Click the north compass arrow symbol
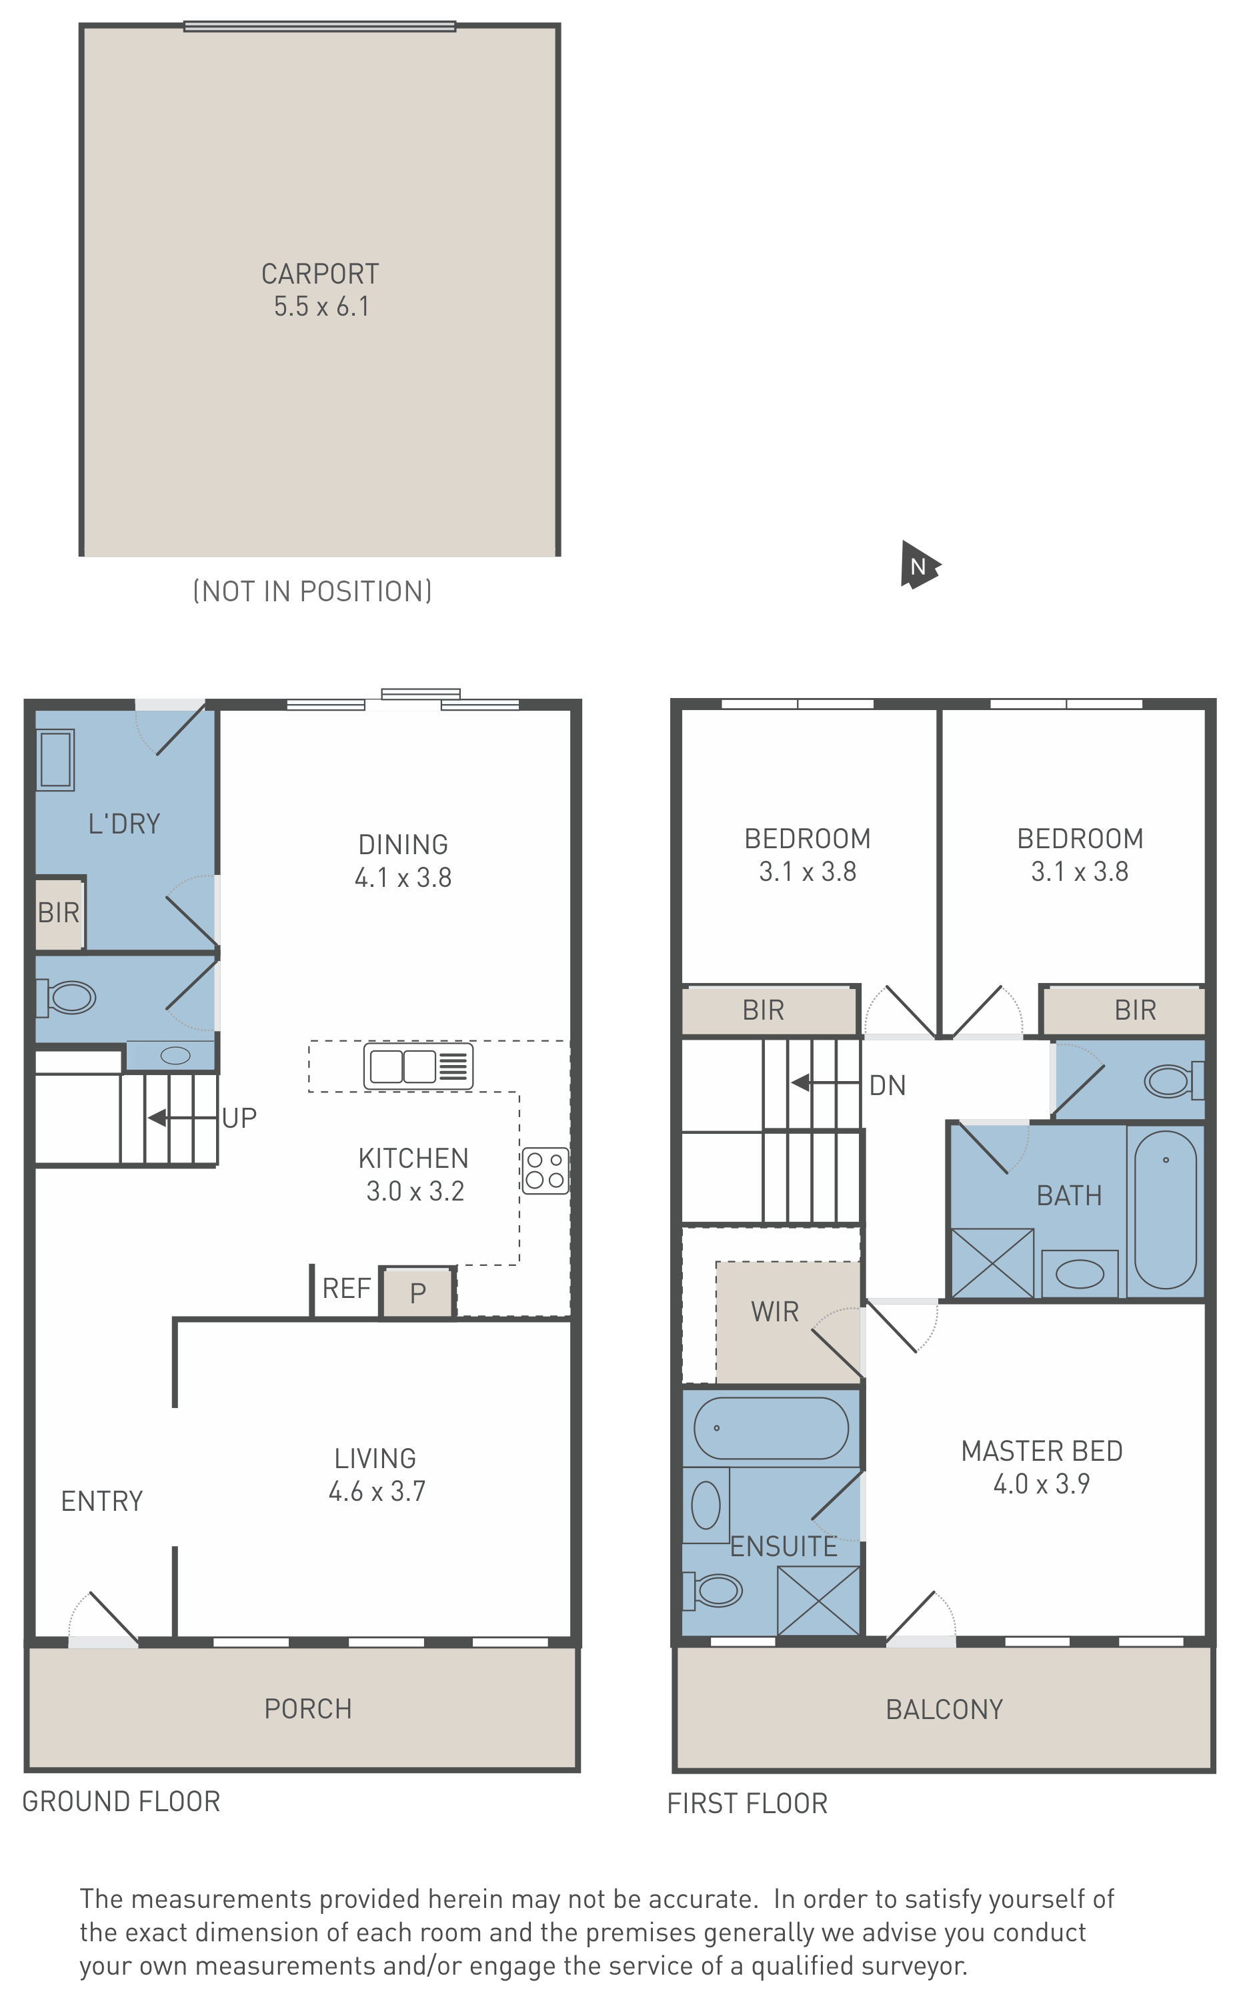pyautogui.click(x=920, y=565)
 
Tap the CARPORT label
pyautogui.click(x=320, y=274)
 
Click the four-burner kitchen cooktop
pyautogui.click(x=545, y=1170)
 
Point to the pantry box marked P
pyautogui.click(x=417, y=1292)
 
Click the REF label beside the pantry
pyautogui.click(x=347, y=1289)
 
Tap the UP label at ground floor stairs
pyautogui.click(x=239, y=1118)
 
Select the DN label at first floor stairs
pyautogui.click(x=888, y=1085)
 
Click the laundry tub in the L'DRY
pyautogui.click(x=55, y=760)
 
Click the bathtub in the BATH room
pyautogui.click(x=1166, y=1209)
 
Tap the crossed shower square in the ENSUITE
pyautogui.click(x=818, y=1601)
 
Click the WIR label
pyautogui.click(x=775, y=1311)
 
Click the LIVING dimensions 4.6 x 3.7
pyautogui.click(x=377, y=1491)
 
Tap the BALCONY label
pyautogui.click(x=944, y=1710)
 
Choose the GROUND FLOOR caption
pyautogui.click(x=121, y=1802)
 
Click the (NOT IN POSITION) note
pyautogui.click(x=312, y=591)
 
